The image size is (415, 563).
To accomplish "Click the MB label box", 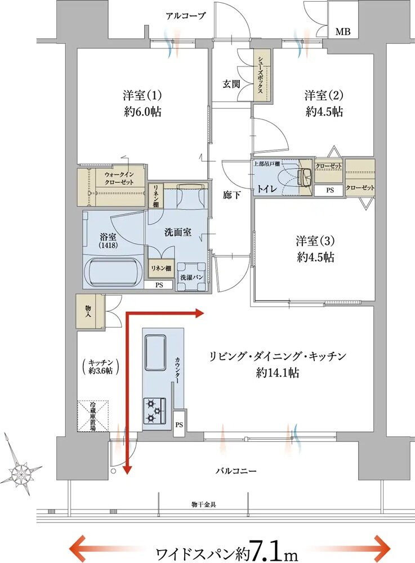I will point(343,32).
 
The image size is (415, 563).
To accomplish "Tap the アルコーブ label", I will point(186,16).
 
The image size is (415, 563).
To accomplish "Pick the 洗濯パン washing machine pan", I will point(191,277).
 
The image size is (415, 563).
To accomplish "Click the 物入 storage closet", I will point(89,311).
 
